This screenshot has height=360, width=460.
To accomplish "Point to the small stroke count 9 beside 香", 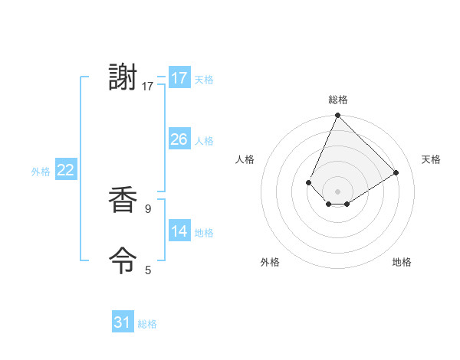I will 148,208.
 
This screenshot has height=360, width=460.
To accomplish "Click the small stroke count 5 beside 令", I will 148,270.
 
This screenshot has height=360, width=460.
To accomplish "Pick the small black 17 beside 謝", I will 148,87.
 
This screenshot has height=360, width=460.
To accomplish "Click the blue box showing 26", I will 179,139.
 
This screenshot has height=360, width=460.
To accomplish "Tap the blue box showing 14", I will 179,231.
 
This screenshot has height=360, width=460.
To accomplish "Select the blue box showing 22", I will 65,170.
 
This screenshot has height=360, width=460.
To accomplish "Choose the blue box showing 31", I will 123,322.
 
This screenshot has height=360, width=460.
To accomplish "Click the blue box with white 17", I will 179,78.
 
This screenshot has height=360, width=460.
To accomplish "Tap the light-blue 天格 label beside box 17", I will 203,80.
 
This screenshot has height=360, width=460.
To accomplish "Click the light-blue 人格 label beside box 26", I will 203,141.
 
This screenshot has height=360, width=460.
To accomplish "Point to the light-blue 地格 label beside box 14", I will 203,233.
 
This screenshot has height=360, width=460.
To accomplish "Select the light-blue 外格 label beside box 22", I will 41,172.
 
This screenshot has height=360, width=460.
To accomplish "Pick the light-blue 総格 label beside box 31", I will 147,324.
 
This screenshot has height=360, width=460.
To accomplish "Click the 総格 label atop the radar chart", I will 337,100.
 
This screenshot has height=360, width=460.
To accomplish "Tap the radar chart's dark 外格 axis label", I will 270,262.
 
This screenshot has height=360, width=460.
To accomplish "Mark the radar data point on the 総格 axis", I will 337,116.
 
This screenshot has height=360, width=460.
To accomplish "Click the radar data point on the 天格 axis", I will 396,172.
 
